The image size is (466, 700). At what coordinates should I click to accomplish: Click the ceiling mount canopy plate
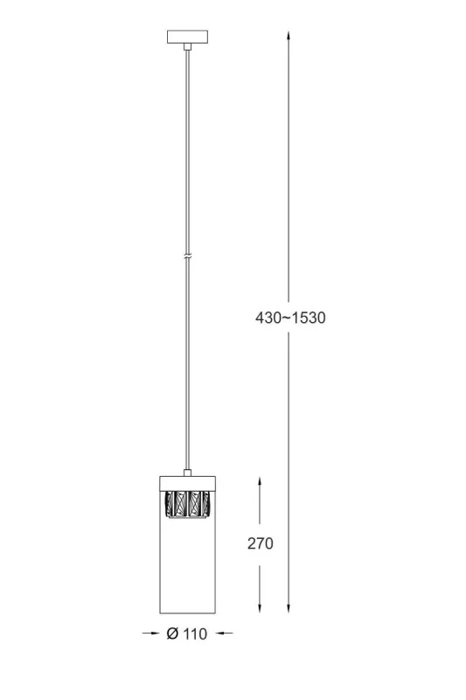tap(188, 37)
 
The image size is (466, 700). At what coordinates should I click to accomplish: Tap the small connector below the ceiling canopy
tap(188, 46)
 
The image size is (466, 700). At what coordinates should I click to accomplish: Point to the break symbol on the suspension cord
tap(188, 256)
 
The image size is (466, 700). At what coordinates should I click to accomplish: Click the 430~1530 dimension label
tap(290, 318)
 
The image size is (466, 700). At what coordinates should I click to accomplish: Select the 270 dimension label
tap(261, 543)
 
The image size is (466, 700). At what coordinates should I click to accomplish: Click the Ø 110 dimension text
tap(187, 633)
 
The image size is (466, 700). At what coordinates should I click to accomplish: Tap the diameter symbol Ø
tap(172, 633)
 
